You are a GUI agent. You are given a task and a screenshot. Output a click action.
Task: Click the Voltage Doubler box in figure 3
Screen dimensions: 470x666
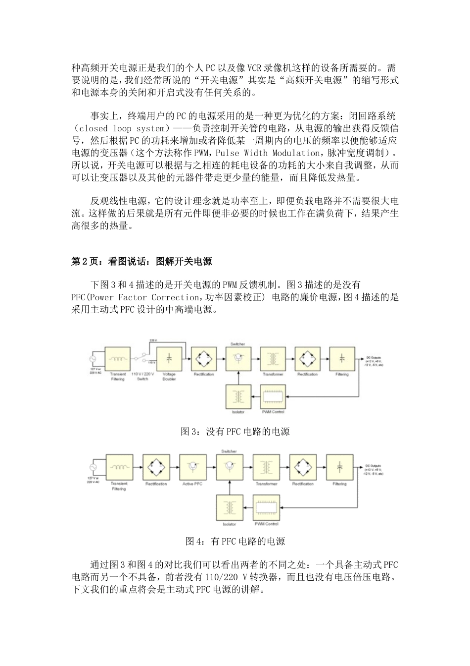pos(169,358)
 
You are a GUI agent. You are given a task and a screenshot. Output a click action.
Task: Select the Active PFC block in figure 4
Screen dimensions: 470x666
pos(191,468)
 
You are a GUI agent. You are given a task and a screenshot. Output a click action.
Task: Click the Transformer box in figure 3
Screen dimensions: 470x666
pos(273,358)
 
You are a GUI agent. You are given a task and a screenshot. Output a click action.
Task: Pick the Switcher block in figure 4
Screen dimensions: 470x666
pos(229,468)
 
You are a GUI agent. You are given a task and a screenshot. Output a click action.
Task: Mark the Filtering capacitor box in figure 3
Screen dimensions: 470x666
pos(342,358)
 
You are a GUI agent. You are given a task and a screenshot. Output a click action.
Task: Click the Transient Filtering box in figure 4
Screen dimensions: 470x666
pos(119,468)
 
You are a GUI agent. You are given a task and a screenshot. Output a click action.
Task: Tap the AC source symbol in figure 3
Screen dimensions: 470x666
pos(92,358)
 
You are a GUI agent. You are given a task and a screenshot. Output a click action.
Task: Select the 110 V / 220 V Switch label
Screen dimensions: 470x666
pos(142,377)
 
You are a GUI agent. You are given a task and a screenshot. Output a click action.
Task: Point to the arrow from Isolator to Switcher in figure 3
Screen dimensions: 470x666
pos(238,378)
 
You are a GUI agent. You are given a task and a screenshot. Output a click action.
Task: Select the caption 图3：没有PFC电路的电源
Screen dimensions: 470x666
pos(235,432)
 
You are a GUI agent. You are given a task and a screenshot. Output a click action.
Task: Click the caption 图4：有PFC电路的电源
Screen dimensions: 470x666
pos(235,542)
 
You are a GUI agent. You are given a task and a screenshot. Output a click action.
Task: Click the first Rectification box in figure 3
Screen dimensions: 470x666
pos(203,358)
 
